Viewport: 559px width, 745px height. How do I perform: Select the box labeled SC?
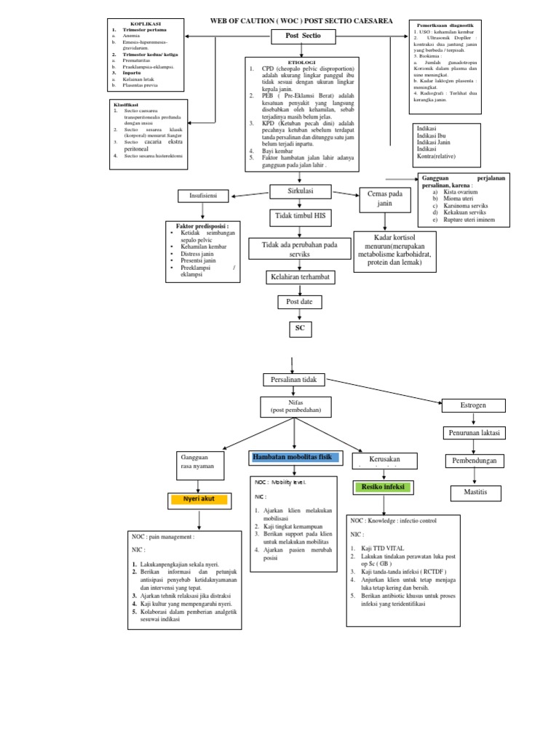point(299,329)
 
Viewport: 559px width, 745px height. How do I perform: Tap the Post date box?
point(299,301)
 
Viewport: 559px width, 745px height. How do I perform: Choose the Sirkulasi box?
point(300,191)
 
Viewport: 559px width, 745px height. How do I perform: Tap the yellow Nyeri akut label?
point(198,500)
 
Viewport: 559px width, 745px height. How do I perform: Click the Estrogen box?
point(474,405)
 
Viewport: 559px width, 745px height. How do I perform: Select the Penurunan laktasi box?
point(474,433)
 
